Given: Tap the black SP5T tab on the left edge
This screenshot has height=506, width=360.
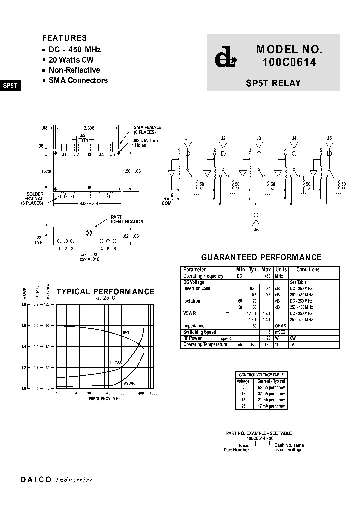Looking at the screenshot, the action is [x=10, y=85].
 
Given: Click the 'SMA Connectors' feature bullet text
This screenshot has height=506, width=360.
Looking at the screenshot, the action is [x=78, y=80].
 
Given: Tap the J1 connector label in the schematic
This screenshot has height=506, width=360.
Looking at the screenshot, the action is [x=188, y=137].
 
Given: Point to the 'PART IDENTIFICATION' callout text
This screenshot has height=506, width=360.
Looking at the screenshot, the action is [x=127, y=220].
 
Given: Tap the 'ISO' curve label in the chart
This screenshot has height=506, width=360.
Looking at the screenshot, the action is [x=126, y=333].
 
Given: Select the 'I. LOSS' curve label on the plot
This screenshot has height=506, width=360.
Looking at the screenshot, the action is [x=116, y=363].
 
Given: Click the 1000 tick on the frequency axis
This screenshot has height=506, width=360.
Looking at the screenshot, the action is [x=153, y=394].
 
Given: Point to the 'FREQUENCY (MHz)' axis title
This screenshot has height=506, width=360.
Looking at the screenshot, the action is [x=105, y=399].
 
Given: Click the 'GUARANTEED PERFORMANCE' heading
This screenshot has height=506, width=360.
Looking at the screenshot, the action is [x=261, y=258].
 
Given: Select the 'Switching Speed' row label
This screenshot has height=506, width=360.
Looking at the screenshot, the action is [x=200, y=332].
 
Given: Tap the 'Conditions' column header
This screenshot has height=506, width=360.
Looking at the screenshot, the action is [x=308, y=270].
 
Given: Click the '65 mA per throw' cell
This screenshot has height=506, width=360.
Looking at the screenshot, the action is [x=271, y=387].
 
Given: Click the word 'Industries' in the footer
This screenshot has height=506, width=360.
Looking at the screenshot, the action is [x=74, y=480].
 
